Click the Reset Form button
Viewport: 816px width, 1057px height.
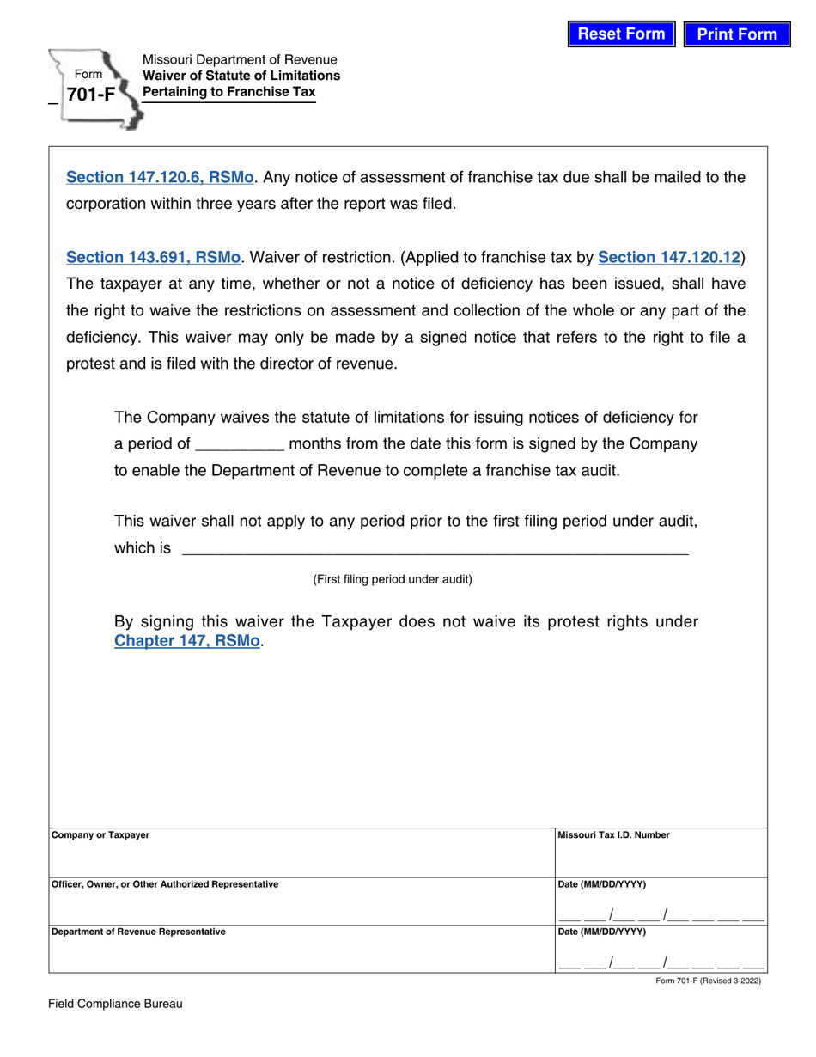click(x=621, y=34)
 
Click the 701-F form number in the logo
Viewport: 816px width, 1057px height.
click(x=90, y=95)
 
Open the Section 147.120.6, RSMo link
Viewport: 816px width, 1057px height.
click(x=160, y=177)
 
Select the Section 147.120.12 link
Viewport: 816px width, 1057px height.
click(x=669, y=257)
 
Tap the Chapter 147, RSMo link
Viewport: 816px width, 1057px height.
click(x=186, y=640)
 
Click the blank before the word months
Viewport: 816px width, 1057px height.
click(x=240, y=445)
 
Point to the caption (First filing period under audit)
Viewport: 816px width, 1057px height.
click(x=393, y=579)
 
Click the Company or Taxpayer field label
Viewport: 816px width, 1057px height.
click(x=100, y=835)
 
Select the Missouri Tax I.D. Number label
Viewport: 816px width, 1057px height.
click(x=614, y=835)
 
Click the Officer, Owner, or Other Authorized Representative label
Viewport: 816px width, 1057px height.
click(x=165, y=884)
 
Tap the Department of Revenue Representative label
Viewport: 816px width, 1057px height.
click(x=138, y=932)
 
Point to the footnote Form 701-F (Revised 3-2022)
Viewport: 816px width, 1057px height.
click(x=708, y=981)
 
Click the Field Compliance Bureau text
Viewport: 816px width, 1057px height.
click(x=115, y=1004)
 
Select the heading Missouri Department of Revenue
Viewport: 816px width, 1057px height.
click(x=240, y=60)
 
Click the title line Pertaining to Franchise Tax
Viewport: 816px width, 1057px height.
click(x=228, y=92)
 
